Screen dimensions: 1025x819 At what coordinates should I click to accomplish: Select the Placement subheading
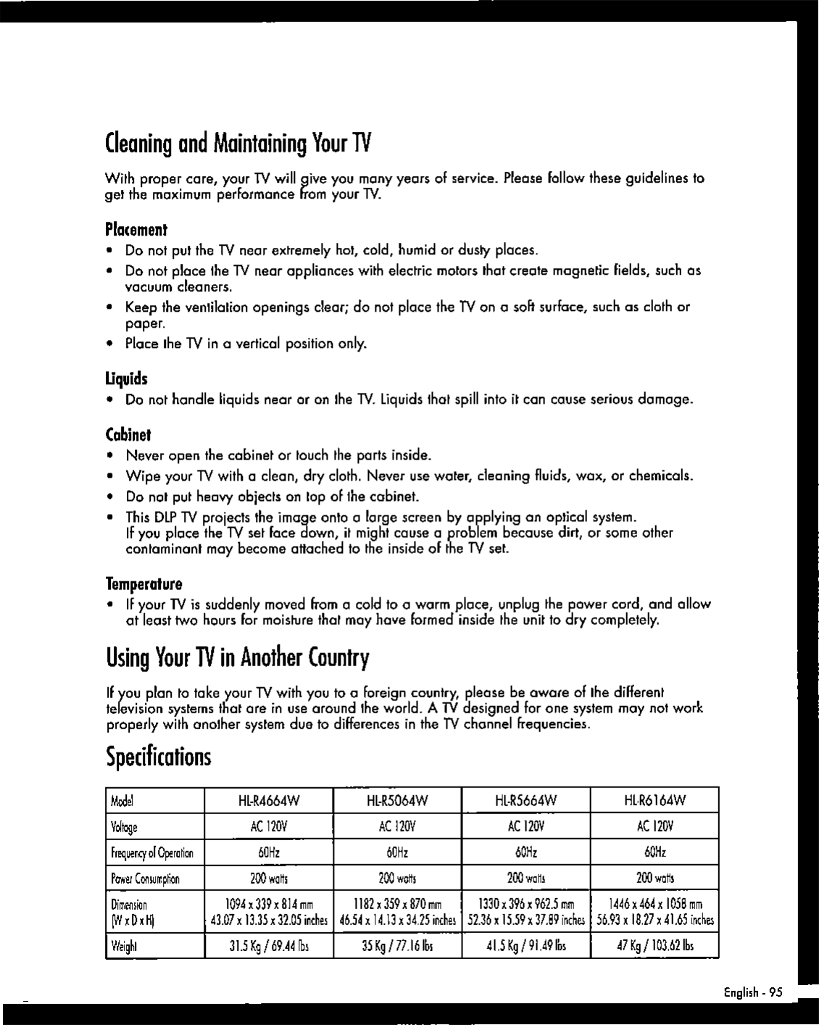coord(136,230)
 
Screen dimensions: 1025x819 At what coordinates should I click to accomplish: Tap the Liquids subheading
coord(126,379)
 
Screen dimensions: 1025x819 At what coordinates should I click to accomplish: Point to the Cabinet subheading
coord(128,435)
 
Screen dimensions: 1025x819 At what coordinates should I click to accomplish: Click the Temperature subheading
coord(144,584)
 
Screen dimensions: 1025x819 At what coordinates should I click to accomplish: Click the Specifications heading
coord(158,757)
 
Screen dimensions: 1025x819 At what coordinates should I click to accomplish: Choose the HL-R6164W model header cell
coord(655,800)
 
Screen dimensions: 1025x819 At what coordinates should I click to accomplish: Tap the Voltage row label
coord(124,827)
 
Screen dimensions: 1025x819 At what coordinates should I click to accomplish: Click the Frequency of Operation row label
coord(152,852)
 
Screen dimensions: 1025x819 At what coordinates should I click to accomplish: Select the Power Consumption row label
coord(145,879)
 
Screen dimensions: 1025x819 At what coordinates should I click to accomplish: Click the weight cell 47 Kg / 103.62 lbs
coord(655,946)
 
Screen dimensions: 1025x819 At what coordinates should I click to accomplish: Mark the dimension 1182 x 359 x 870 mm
coord(397,905)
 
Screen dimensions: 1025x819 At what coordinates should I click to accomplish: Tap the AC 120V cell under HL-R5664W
coord(526,826)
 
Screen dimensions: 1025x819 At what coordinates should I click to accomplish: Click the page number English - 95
coord(747,992)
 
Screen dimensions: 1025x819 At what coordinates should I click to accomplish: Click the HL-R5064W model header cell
coord(397,800)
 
